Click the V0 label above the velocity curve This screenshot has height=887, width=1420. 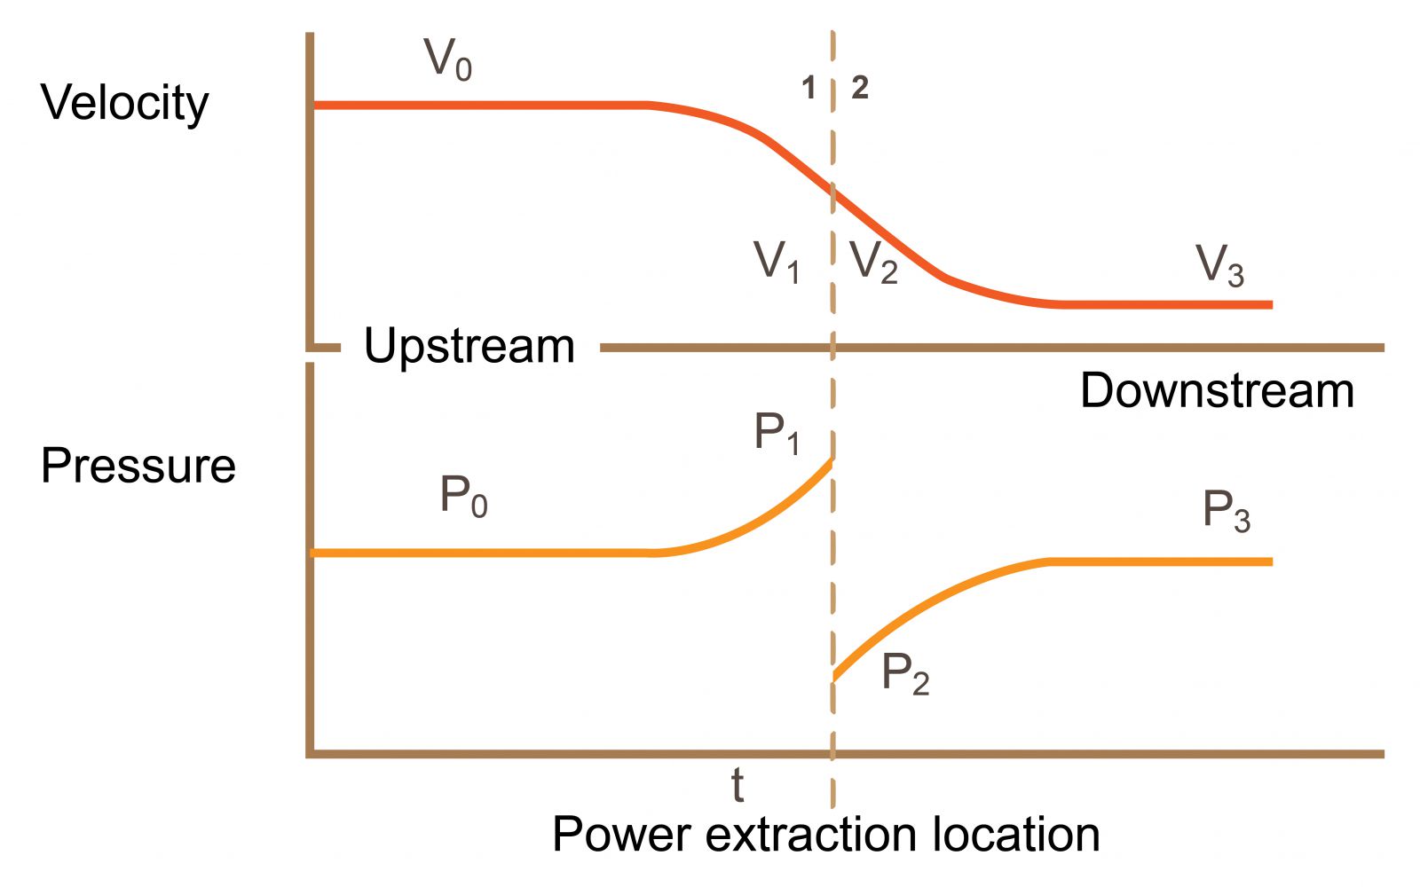point(448,59)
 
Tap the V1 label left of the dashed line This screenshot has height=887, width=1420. point(776,262)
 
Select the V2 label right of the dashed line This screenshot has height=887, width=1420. point(873,262)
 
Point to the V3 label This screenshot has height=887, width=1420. point(1219,265)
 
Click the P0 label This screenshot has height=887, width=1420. point(463,496)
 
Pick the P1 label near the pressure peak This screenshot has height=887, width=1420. point(777,434)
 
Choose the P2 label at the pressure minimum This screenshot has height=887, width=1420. point(905,674)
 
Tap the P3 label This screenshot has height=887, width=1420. point(1226,511)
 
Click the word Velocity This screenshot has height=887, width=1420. point(125,103)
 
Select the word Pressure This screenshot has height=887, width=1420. point(138,466)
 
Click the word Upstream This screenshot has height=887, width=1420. point(469,347)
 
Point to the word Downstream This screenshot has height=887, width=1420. point(1217,390)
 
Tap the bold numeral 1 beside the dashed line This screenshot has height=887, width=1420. point(809,88)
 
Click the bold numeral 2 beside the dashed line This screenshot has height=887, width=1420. point(860,88)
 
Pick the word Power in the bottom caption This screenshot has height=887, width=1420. point(621,835)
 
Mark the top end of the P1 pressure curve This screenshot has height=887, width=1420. point(831,461)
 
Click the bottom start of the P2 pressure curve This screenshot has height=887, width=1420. point(834,679)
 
